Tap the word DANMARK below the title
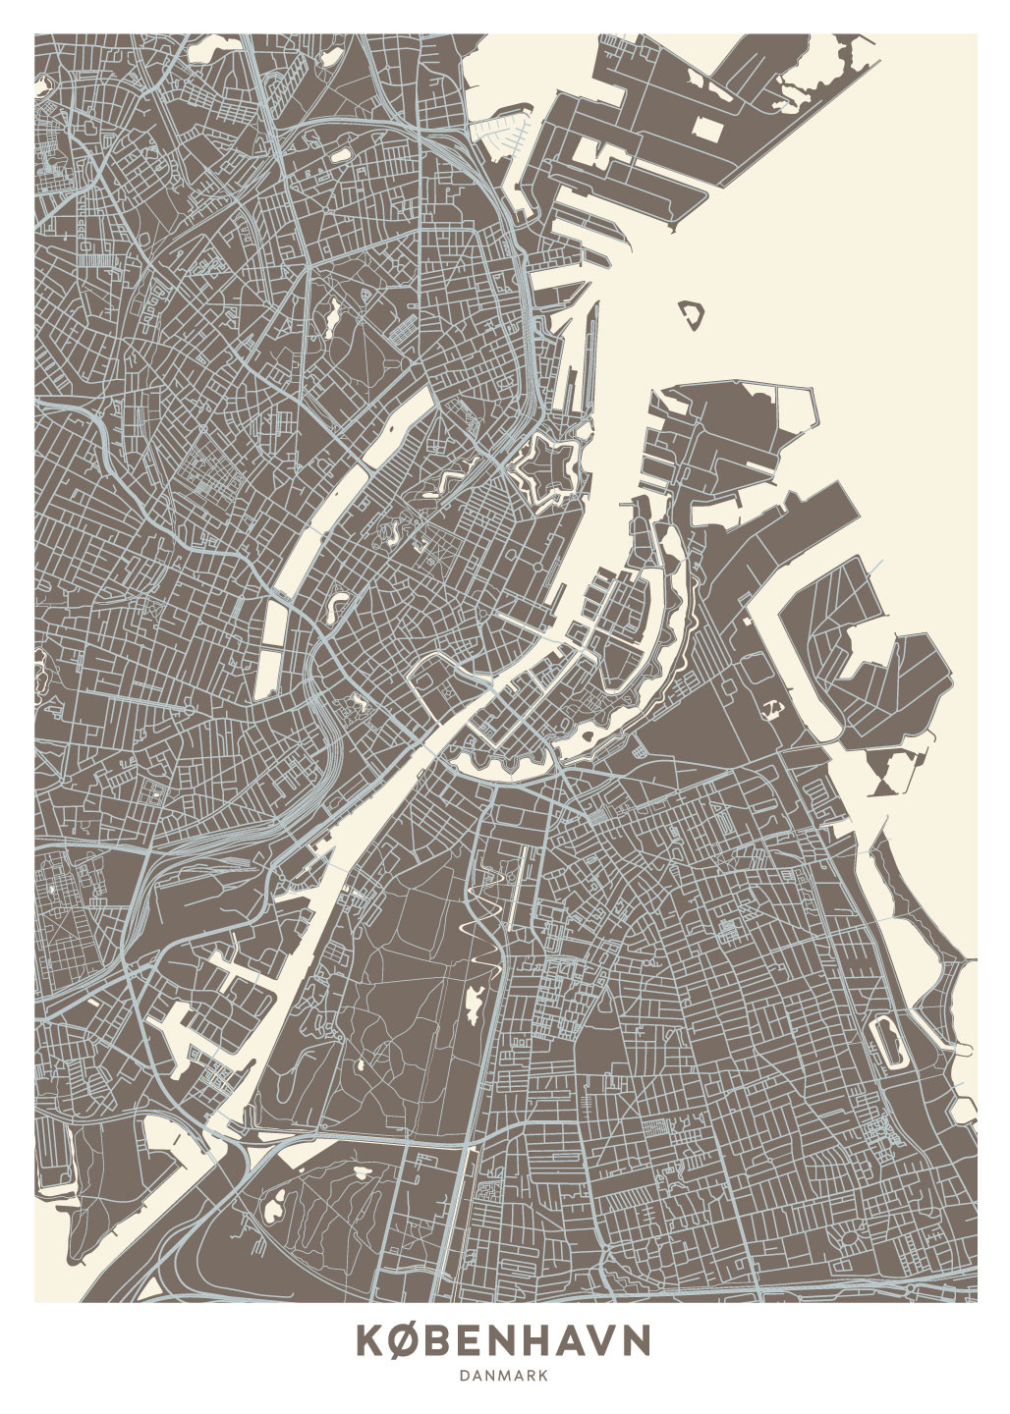click(503, 1377)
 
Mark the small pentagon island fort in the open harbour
click(694, 314)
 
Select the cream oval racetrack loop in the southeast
click(889, 1042)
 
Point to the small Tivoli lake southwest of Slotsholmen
click(355, 703)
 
